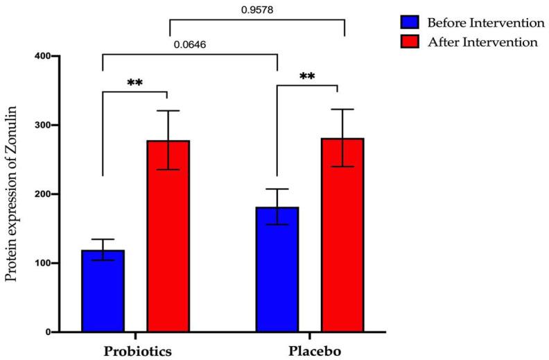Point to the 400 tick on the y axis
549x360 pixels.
coord(51,56)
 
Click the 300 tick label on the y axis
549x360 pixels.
coord(51,126)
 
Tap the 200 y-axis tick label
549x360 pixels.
coord(51,194)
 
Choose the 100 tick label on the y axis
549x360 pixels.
coord(51,264)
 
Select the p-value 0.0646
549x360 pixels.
coord(190,45)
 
